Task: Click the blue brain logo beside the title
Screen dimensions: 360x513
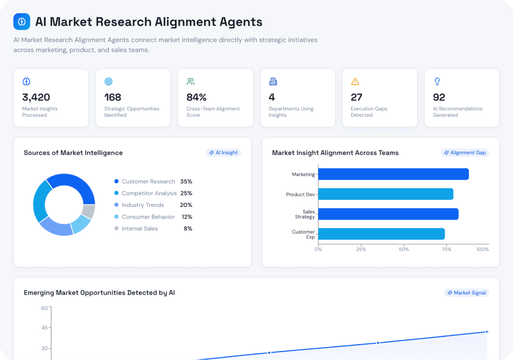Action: pos(22,22)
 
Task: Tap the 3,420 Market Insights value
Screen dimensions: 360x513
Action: pos(36,97)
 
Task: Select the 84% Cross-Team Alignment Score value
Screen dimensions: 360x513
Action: pos(196,97)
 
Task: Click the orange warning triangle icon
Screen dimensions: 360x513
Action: pos(355,81)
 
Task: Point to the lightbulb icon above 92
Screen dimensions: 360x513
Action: pos(437,81)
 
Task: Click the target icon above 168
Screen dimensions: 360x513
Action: pos(109,81)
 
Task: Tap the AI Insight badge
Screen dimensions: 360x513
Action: pos(223,153)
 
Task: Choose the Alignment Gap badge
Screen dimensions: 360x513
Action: pos(465,153)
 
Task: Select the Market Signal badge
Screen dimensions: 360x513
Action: pos(466,293)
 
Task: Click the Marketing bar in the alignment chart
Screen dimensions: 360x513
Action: pos(393,174)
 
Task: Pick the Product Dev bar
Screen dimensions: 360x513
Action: pos(385,194)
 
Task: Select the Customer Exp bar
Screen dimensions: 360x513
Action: pos(381,234)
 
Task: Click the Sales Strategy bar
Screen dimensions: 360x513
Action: pos(388,214)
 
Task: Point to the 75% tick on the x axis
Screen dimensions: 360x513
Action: pos(447,250)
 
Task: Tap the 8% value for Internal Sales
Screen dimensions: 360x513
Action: pos(188,229)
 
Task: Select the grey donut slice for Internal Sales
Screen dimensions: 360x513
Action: pos(88,211)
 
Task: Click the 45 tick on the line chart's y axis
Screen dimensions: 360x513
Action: pos(45,328)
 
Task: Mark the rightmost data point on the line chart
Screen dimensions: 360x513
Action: pos(487,332)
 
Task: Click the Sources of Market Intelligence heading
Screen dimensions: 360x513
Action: pos(73,153)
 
